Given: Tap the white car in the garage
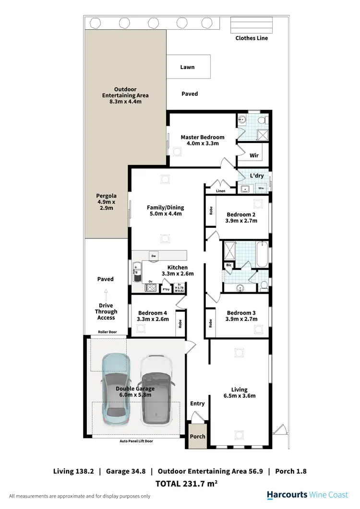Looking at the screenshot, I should point(156,391).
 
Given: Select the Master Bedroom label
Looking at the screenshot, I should point(202,140).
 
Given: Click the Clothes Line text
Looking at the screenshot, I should point(252,38).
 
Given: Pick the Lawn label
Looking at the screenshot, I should point(187,67).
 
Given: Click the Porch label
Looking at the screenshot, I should point(197,437).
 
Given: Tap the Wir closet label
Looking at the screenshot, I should point(254,156).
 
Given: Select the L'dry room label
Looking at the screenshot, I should point(257,176).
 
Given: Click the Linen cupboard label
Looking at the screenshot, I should point(220,191).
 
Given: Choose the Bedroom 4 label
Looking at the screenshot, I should point(150,315).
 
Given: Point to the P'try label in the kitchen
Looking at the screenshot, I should point(167,289).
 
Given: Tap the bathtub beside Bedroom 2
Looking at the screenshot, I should point(262,254).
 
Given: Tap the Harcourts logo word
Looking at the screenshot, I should point(286,496).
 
